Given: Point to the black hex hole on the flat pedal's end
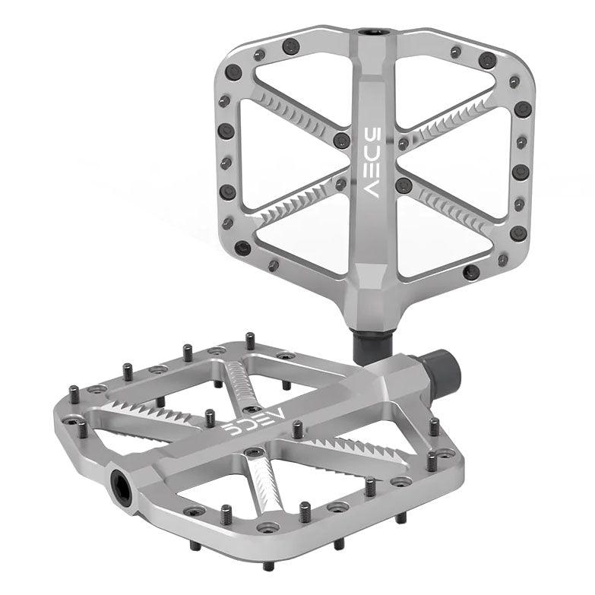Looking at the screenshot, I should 122,480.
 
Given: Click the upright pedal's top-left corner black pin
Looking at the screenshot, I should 233,73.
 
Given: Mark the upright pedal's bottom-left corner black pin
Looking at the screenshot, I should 242,248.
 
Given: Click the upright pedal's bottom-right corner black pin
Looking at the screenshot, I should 517,233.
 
